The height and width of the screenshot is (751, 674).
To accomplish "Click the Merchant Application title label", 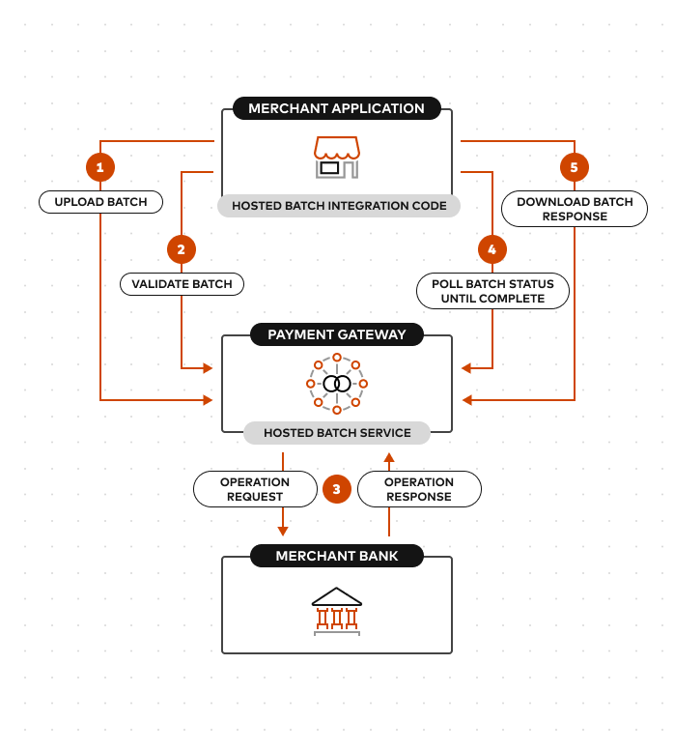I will (336, 108).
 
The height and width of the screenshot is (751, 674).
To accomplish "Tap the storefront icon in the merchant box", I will (336, 158).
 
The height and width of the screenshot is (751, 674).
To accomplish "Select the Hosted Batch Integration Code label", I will (339, 206).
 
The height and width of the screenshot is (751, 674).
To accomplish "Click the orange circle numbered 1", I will (100, 167).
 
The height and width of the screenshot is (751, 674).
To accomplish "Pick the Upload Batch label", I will (100, 202).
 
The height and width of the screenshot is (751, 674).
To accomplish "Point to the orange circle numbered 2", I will (182, 249).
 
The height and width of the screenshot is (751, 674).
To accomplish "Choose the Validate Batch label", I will (182, 284).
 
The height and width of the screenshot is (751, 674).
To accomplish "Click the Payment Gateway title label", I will (336, 334).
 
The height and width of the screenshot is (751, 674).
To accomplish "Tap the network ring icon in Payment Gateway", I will (336, 384).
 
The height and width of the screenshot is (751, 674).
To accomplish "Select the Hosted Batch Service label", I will (337, 433).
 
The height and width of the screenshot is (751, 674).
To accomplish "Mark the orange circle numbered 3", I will (336, 489).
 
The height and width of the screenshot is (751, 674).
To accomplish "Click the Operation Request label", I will (255, 489).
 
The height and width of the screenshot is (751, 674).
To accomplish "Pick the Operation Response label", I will (419, 489).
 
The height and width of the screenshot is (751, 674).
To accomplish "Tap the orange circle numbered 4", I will (492, 249).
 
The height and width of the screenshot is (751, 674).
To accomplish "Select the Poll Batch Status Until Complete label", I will (492, 291).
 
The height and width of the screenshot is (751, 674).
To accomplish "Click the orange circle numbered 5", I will (574, 167).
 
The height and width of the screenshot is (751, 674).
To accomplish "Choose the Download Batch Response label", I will (575, 209).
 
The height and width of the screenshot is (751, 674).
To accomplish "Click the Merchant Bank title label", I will (336, 556).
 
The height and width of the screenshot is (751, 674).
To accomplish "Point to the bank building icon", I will (336, 611).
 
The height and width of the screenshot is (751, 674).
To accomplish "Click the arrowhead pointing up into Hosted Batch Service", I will (389, 458).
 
